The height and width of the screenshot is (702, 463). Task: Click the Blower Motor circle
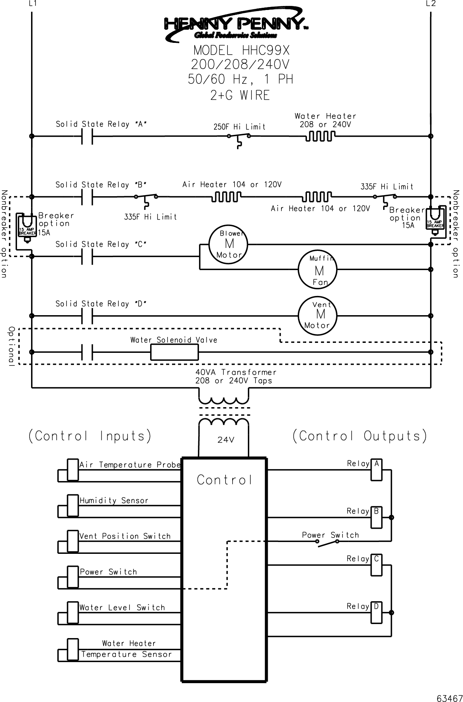pos(229,244)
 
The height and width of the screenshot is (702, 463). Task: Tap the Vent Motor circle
pos(318,316)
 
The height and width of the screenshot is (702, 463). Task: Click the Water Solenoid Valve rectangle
pos(174,352)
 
